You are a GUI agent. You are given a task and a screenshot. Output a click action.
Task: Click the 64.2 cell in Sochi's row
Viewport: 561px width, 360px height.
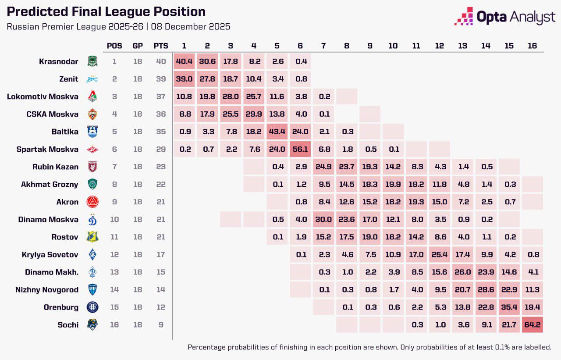pos(533,325)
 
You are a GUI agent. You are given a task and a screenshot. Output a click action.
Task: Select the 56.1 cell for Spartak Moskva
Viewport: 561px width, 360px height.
pos(300,150)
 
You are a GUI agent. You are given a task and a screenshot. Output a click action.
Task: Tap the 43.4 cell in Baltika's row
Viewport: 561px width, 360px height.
pos(277,132)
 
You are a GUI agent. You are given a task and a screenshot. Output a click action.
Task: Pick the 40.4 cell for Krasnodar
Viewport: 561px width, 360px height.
pos(184,62)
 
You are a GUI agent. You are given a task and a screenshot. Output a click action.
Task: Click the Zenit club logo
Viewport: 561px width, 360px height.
pos(92,79)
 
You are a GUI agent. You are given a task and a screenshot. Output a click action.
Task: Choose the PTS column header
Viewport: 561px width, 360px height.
pos(160,46)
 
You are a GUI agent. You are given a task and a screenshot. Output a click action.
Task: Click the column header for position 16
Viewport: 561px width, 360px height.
pos(533,46)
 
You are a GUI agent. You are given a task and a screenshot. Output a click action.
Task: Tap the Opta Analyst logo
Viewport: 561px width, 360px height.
pos(505,17)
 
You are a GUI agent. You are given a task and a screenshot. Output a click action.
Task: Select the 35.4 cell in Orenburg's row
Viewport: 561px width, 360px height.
pos(509,307)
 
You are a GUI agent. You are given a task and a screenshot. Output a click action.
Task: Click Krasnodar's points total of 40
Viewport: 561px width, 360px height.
pos(161,62)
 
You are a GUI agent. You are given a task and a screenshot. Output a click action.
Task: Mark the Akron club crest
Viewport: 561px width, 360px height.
pos(92,202)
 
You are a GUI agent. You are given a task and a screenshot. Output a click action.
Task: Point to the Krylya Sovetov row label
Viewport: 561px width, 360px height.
pos(50,255)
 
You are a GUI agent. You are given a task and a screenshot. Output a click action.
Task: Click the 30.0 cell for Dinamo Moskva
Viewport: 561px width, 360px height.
pos(323,220)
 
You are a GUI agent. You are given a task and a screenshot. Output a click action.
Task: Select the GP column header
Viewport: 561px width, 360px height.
pos(138,46)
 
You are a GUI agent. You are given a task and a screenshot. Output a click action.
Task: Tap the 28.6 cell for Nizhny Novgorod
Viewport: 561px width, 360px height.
pos(486,290)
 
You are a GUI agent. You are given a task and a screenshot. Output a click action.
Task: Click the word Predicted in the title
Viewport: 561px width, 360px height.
pos(32,12)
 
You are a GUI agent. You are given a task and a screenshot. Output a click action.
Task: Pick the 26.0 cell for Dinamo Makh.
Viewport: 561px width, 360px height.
pos(463,272)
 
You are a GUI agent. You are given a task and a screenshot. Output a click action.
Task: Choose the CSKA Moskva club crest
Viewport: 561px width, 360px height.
pos(92,114)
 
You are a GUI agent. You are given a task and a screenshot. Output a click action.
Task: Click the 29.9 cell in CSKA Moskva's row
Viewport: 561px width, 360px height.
pos(254,114)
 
